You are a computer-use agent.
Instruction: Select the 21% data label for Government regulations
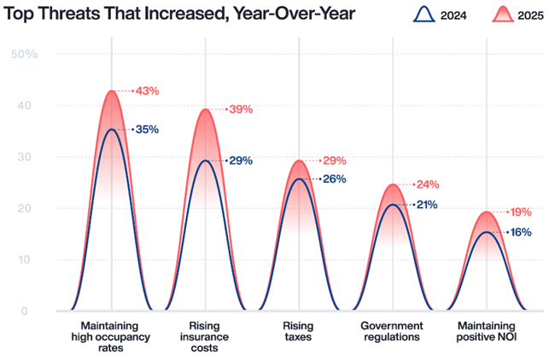[427, 205]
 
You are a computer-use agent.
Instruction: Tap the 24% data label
[427, 184]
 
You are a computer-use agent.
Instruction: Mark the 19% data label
[521, 212]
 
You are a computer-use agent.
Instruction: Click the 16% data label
[521, 232]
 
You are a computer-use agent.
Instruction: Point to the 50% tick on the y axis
[24, 55]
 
